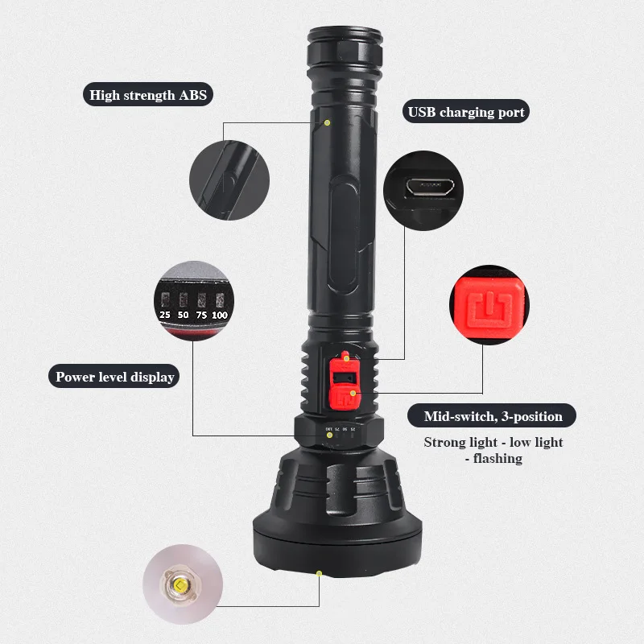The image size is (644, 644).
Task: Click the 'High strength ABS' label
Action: pos(148,95)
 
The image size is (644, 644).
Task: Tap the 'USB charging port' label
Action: pos(466,112)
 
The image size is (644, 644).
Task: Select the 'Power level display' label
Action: pos(114,377)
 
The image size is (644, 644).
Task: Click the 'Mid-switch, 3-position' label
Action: pos(492,416)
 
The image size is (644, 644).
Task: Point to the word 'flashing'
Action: pos(497,458)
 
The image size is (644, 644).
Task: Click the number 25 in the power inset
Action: pos(165,315)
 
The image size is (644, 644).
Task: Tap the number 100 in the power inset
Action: pos(219,316)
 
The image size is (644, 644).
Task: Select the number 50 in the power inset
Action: pos(184,315)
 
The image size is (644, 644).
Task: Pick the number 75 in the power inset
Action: pos(201,315)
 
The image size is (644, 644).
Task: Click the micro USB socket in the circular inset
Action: pos(430,188)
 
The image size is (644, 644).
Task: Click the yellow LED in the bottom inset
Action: pos(180,584)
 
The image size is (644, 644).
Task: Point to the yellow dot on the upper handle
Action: pos(328,123)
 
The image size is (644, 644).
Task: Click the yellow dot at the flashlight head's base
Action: pos(319,573)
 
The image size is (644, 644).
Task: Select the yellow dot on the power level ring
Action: pos(329,435)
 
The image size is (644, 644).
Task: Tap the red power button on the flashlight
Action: pos(344,396)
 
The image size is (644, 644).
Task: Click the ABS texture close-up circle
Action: pos(229,180)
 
